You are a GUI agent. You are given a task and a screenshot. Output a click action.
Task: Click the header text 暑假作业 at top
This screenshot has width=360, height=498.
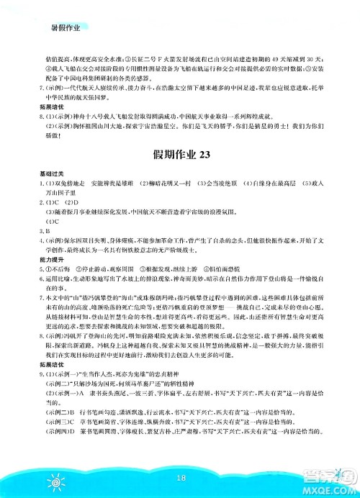(62, 27)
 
